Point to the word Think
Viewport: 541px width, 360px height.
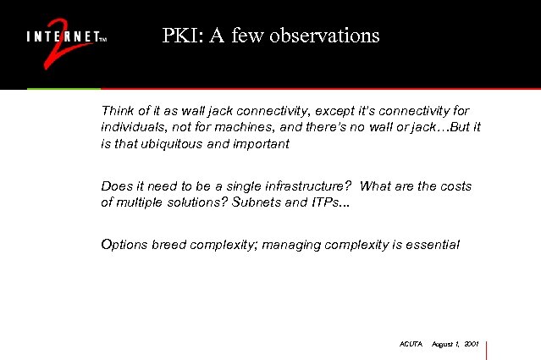point(116,111)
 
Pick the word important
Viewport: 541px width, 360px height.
point(260,143)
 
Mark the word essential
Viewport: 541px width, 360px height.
point(431,245)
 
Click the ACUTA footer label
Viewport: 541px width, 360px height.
point(410,344)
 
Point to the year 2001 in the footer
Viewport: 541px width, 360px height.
point(472,344)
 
